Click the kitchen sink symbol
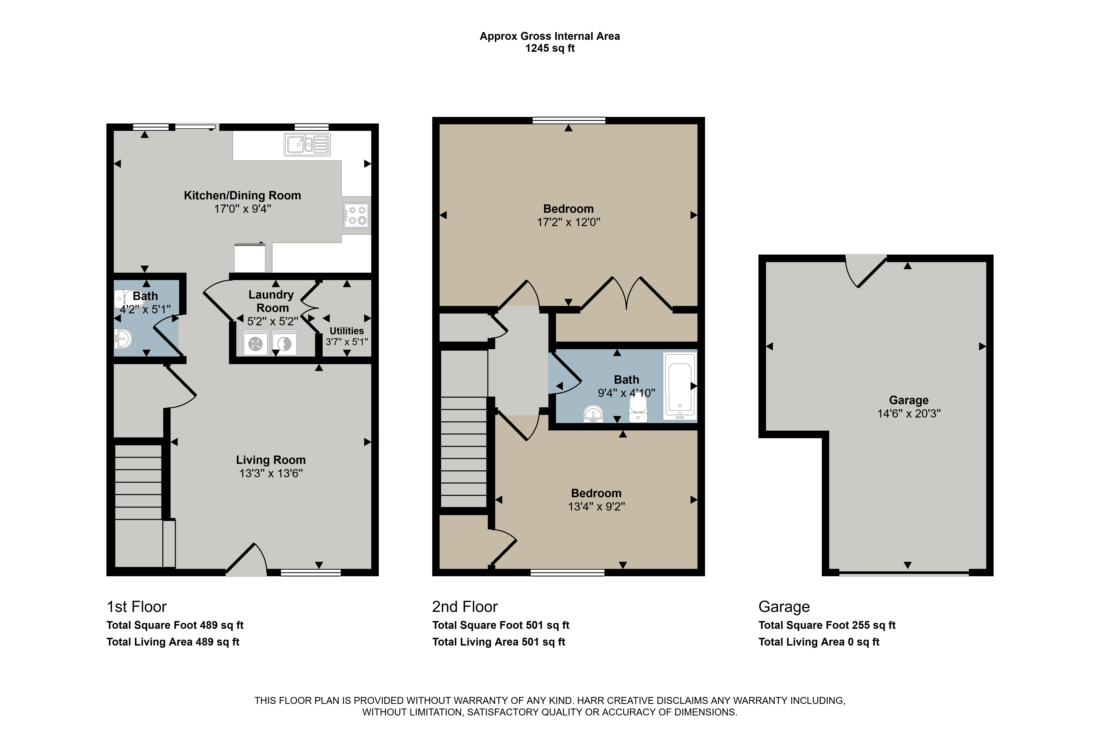pyautogui.click(x=307, y=144)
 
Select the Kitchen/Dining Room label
pyautogui.click(x=242, y=195)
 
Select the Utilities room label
pyautogui.click(x=347, y=330)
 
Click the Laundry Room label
pyautogui.click(x=271, y=301)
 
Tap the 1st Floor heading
pyautogui.click(x=137, y=607)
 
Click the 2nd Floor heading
pyautogui.click(x=465, y=607)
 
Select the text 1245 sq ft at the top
pyautogui.click(x=550, y=48)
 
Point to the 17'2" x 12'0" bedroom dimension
pyautogui.click(x=569, y=222)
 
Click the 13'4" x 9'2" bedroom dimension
pyautogui.click(x=596, y=507)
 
